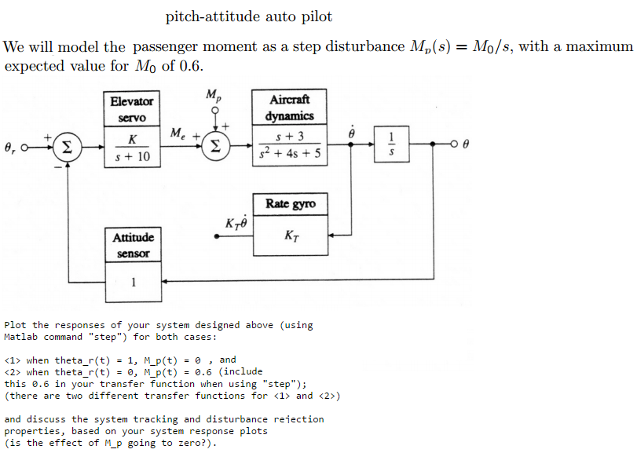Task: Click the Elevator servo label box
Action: (132, 109)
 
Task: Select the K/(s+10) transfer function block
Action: (132, 148)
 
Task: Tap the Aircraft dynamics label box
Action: (290, 107)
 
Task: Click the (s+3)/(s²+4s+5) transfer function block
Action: (290, 146)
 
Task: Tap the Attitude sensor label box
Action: (133, 245)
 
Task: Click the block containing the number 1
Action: (133, 283)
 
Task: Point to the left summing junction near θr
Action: (68, 145)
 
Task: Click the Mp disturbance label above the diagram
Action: (213, 96)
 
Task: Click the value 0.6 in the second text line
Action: (191, 65)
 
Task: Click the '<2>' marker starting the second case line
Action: (12, 371)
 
